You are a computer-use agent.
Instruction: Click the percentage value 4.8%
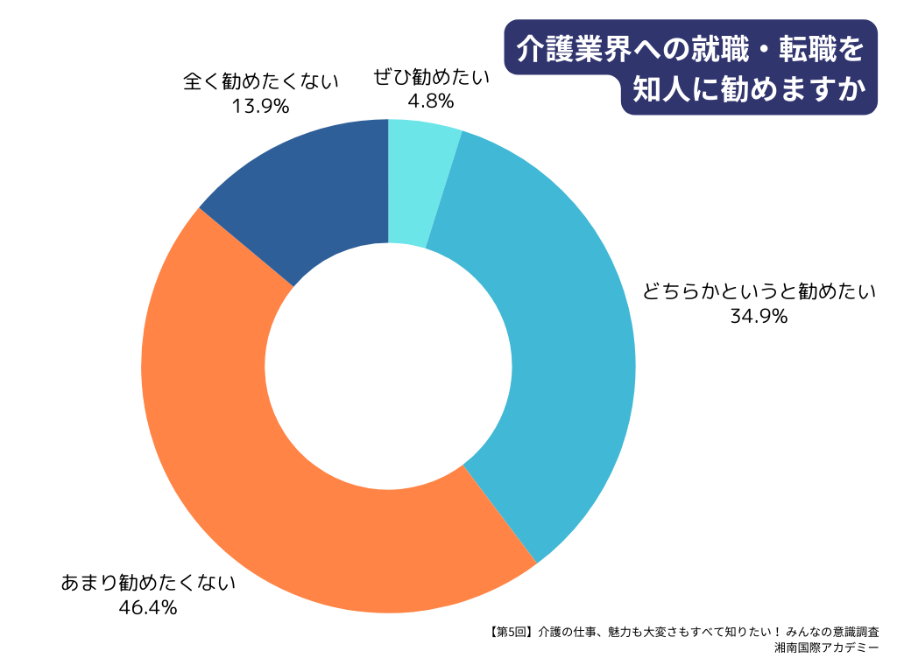click(x=430, y=101)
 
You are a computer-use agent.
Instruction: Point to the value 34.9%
click(x=759, y=316)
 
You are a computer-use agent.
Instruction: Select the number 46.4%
click(x=148, y=606)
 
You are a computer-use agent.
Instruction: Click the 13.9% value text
click(x=260, y=106)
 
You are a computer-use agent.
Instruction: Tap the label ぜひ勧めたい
click(x=431, y=77)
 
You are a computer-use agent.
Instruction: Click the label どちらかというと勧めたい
click(x=759, y=292)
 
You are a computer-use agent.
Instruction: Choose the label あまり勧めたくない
click(x=148, y=583)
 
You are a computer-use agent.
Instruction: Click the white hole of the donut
click(x=388, y=366)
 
